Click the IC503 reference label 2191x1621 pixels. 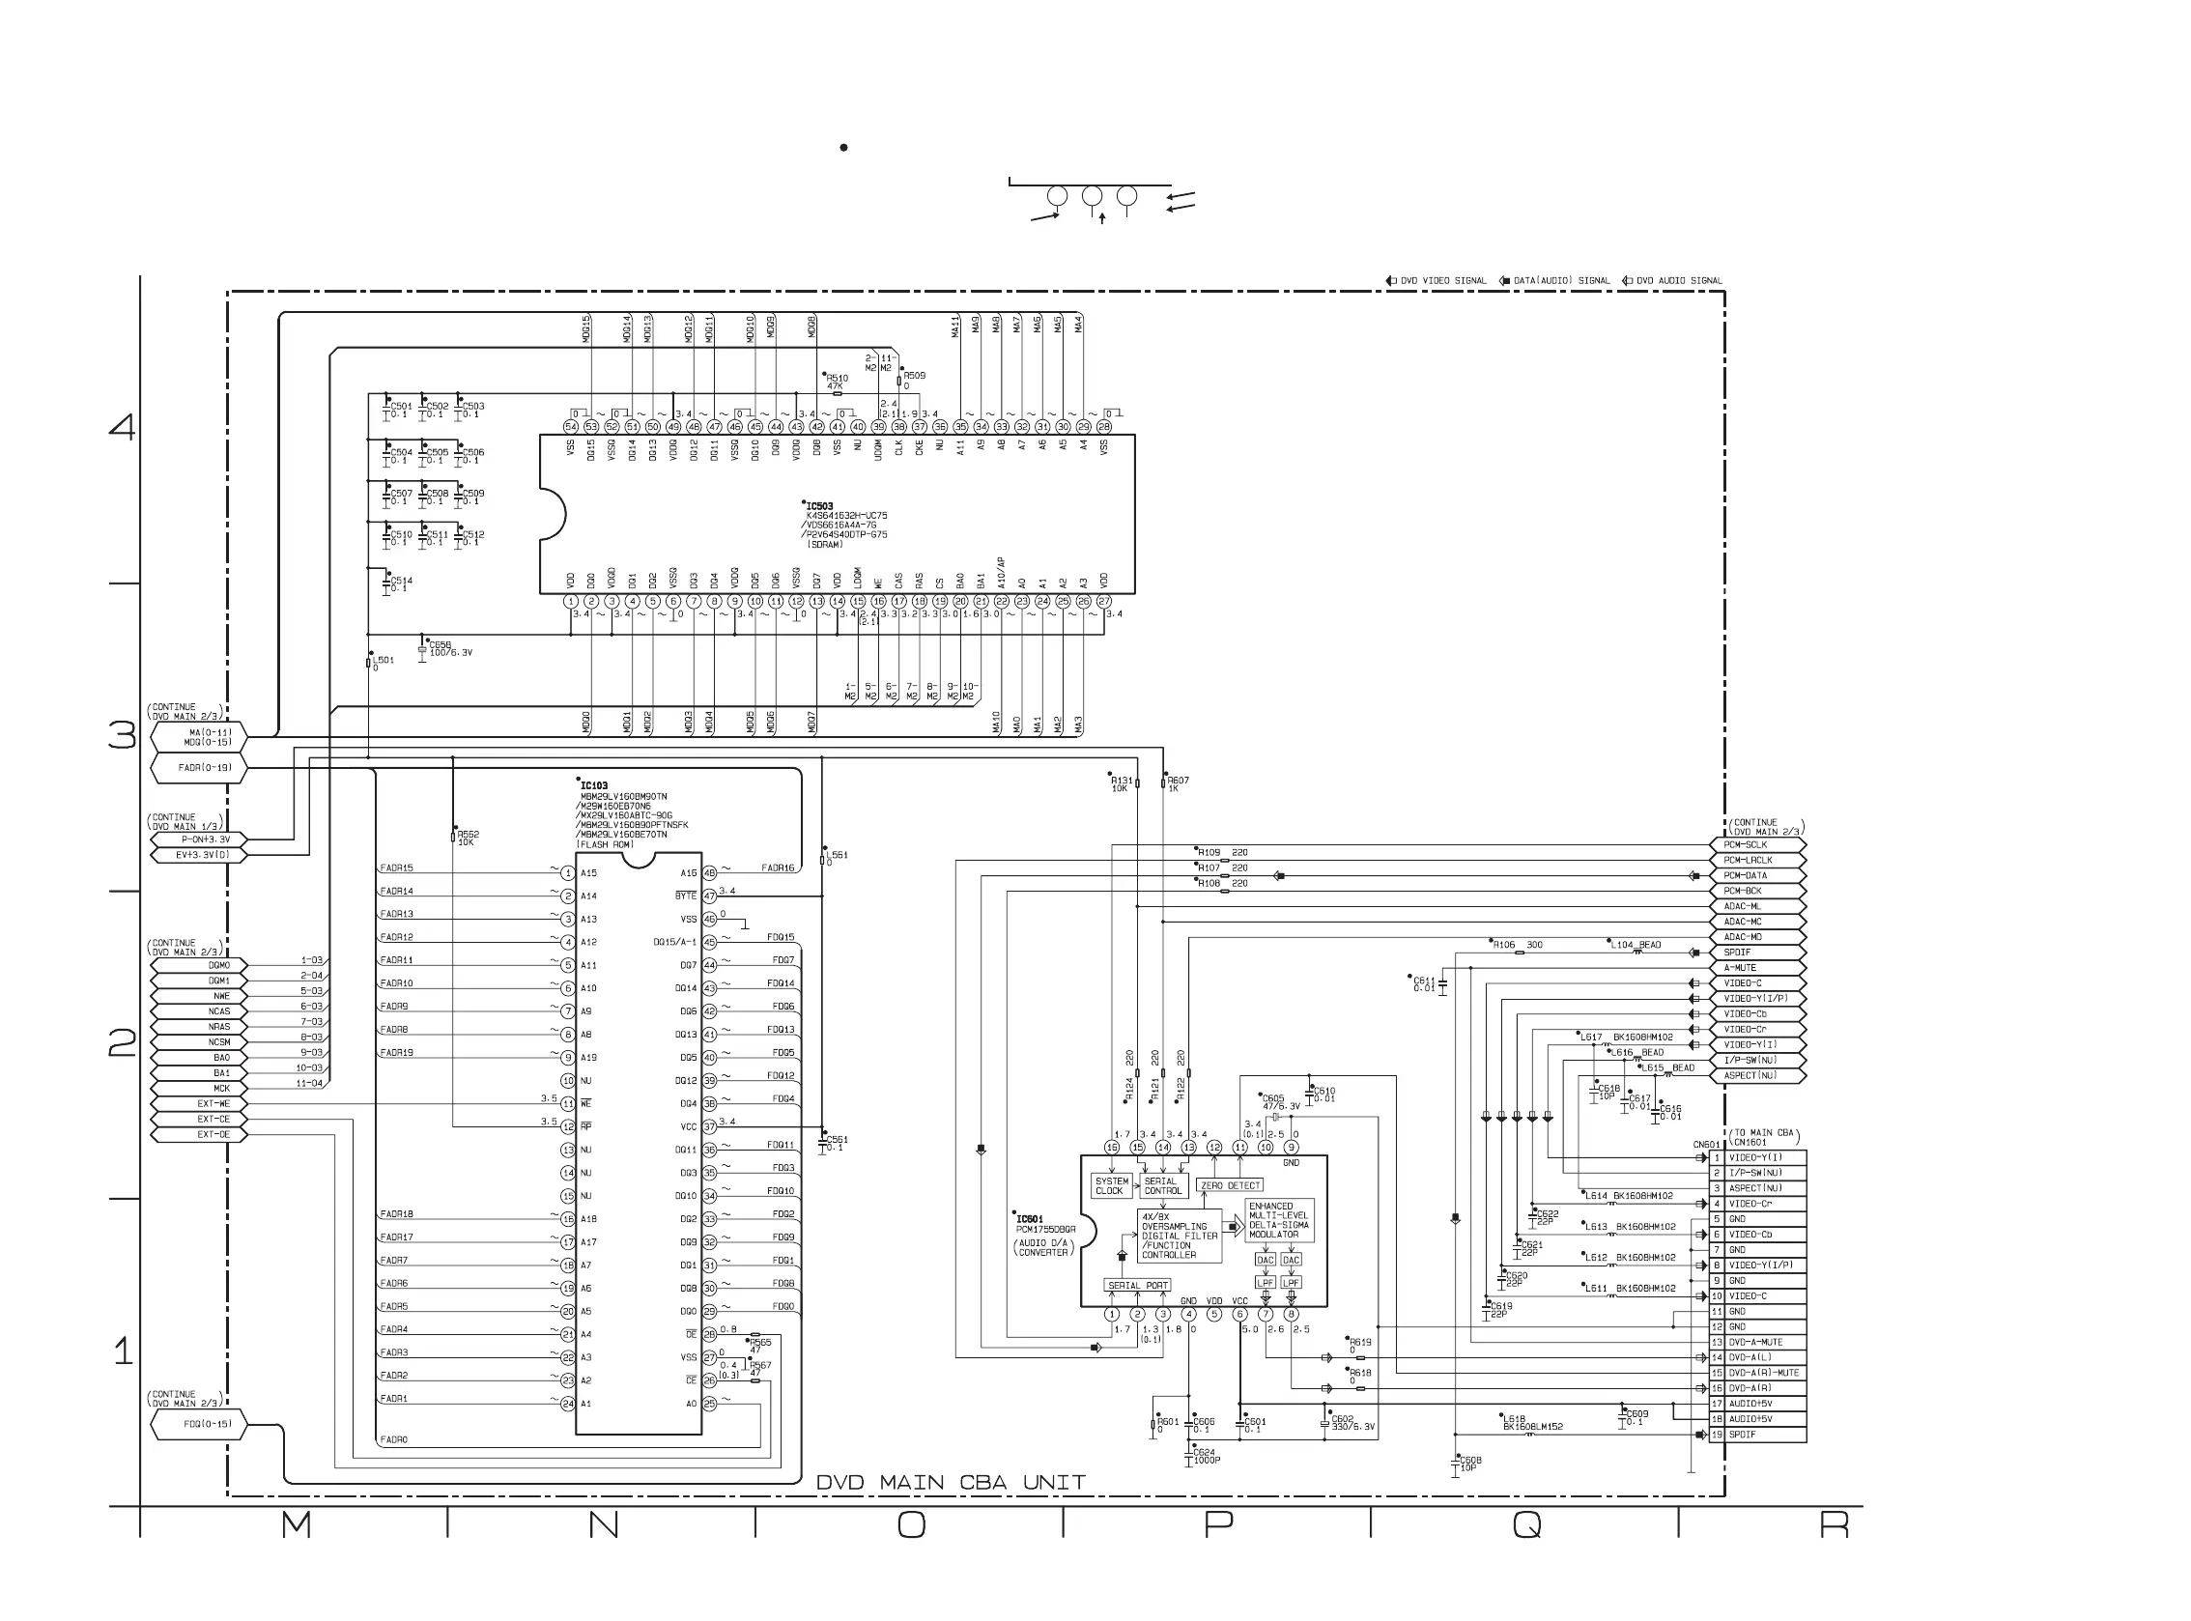tap(819, 506)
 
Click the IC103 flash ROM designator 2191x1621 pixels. tap(593, 786)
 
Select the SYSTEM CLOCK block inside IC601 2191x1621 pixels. tap(1110, 1186)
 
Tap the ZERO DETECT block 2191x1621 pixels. tap(1231, 1185)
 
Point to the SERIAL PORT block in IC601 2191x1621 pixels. tap(1138, 1286)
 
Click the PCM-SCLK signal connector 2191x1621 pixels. tap(1762, 845)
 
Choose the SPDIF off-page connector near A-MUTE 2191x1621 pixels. tap(1762, 953)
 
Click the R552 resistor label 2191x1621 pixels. tap(468, 835)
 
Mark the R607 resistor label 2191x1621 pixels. tap(1178, 782)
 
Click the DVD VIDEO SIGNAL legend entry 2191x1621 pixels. tap(1437, 281)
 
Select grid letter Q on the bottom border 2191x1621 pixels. tap(1526, 1524)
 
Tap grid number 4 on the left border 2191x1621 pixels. tap(122, 427)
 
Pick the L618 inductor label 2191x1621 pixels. tap(1514, 1419)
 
